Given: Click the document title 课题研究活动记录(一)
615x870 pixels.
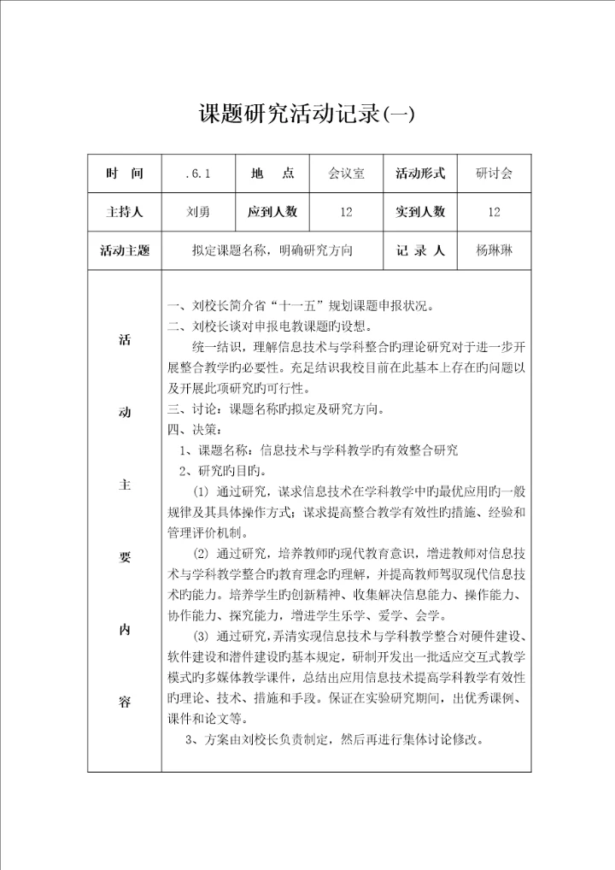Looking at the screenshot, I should [x=307, y=114].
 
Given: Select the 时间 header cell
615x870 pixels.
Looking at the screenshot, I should [x=125, y=173].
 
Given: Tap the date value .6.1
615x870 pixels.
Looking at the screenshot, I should [x=197, y=173].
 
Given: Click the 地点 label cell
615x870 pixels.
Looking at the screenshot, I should [x=272, y=173].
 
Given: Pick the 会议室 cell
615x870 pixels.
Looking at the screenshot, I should [x=346, y=173].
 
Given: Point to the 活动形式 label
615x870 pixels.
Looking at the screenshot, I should [x=420, y=173].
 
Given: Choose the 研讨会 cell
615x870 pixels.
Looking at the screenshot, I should [x=495, y=173].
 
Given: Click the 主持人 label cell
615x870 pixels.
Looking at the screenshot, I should [x=125, y=212].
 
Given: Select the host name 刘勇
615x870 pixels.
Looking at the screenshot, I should [x=197, y=212].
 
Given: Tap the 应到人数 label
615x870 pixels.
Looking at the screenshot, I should [x=272, y=212].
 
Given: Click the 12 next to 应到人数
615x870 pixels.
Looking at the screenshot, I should [x=346, y=212].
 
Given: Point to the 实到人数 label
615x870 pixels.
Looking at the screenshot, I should [x=420, y=212].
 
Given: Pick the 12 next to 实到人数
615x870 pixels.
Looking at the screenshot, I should [x=495, y=212].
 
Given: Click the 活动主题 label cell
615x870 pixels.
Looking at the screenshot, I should [x=125, y=251].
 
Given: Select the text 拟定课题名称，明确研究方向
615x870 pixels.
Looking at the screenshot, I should [x=272, y=251].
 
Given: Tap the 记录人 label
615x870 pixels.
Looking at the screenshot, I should [x=420, y=251].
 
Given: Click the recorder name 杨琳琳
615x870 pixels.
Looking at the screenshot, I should [x=495, y=251].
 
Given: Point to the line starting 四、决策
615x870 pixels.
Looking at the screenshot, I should [x=196, y=430].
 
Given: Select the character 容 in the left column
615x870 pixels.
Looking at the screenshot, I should [x=125, y=702].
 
